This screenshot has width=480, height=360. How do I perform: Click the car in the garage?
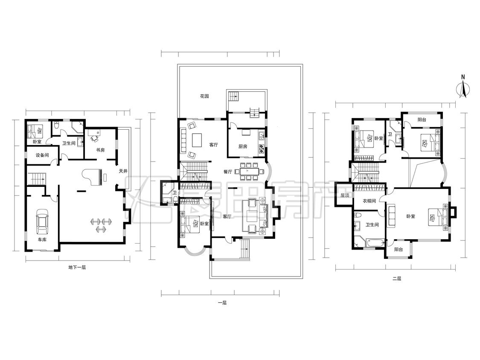pos(42,221)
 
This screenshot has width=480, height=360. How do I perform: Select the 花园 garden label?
pos(204,96)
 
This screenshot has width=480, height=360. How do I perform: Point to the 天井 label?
pos(123,171)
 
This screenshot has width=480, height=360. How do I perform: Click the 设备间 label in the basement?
pos(42,155)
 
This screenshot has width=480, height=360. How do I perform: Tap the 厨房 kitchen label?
pos(243,146)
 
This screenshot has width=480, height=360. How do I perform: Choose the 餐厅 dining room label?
pos(228,172)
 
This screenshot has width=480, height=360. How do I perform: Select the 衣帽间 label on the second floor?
pos(369,201)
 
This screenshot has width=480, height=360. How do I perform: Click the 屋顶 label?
pos(345,195)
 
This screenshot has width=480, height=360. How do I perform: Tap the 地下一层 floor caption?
pos(77,267)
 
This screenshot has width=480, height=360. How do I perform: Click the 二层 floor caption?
pos(397,279)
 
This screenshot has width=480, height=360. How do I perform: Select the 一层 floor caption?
pos(222,303)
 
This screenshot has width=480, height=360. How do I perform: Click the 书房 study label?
pos(100,150)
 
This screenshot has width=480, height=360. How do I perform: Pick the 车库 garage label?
pos(42,240)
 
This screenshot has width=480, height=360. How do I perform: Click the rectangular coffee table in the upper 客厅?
pos(197,140)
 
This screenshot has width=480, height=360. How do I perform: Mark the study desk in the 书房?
pos(94,133)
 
